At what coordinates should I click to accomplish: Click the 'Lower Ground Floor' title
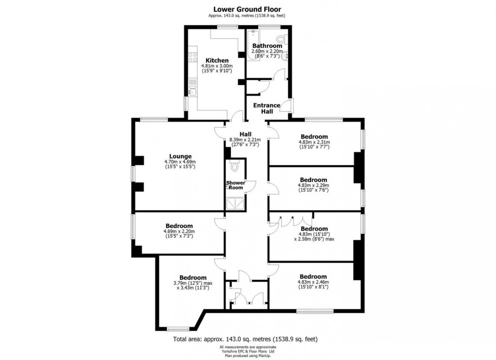point(247,9)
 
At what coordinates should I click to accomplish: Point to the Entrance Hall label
point(267,108)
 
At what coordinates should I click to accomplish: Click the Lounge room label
point(179,156)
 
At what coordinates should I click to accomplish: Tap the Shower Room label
point(235,185)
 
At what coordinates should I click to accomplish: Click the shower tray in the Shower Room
point(236,203)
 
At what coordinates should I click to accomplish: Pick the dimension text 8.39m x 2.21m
point(245,140)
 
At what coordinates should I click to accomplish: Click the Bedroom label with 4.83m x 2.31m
point(314,137)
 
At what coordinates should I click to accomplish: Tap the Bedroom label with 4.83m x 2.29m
point(313,179)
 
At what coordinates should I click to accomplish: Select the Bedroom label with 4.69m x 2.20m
point(179,226)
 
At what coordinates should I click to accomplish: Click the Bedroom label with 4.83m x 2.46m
point(313,277)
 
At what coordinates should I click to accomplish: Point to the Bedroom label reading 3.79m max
point(192,278)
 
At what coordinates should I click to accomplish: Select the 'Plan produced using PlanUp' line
point(247,356)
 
